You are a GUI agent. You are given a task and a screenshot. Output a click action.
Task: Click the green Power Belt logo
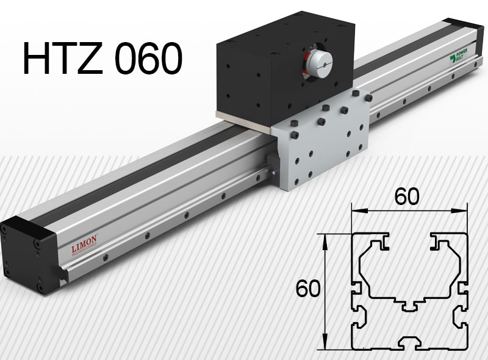pyautogui.click(x=461, y=60)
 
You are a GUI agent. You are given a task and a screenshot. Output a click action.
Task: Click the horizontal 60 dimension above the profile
pyautogui.click(x=406, y=196)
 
